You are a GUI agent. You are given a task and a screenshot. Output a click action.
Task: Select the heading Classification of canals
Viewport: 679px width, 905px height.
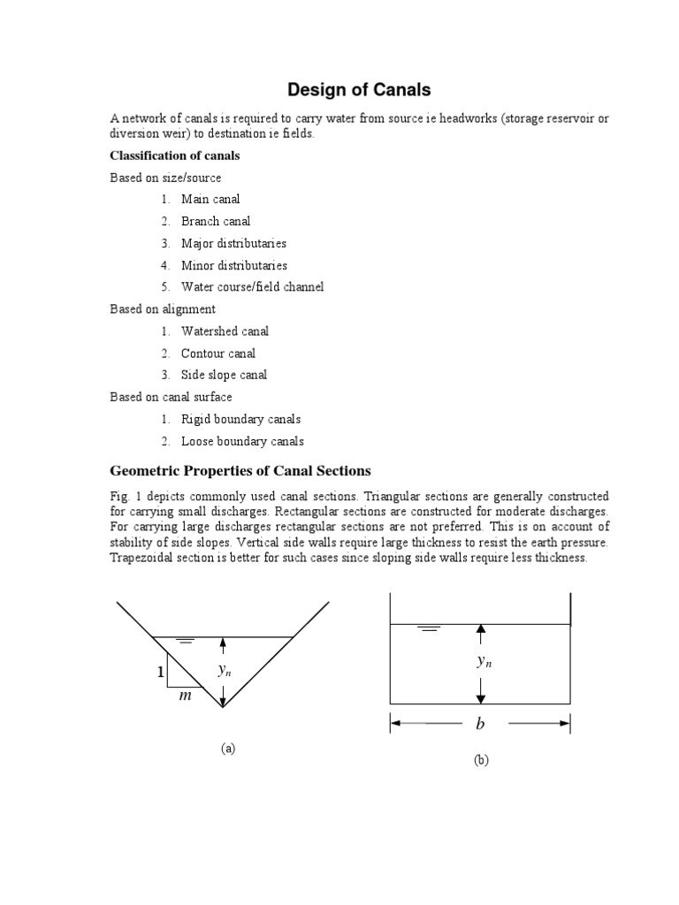tap(174, 156)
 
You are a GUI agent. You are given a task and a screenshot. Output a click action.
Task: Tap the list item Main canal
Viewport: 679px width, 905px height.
tap(210, 199)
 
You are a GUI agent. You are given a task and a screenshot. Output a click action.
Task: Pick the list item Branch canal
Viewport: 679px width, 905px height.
tap(216, 221)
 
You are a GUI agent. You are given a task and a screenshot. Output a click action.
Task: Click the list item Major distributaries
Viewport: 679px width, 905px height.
tap(233, 243)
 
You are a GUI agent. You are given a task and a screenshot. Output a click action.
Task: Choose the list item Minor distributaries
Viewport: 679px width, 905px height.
tap(233, 265)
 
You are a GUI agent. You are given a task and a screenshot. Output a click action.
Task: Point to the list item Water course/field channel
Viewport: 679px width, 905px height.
tap(252, 286)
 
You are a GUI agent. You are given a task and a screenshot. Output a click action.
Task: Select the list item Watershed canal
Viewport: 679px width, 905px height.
tap(225, 331)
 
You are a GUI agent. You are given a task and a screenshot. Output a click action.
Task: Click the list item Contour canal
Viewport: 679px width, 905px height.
tap(218, 354)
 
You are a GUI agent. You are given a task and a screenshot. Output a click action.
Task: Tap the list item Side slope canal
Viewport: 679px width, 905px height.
tap(224, 375)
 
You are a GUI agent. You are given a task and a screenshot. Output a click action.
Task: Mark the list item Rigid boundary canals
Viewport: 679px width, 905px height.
tap(240, 419)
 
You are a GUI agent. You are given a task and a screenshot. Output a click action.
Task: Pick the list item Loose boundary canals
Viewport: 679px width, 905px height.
tap(242, 441)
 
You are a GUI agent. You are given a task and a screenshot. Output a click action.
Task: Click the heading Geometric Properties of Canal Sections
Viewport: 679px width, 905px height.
tap(240, 470)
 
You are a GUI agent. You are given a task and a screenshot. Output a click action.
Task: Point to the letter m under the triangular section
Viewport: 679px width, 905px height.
tap(185, 696)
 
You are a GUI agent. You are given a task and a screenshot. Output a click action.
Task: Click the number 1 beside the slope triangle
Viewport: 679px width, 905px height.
tap(160, 673)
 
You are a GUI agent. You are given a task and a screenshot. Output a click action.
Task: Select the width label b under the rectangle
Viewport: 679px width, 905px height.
tap(480, 725)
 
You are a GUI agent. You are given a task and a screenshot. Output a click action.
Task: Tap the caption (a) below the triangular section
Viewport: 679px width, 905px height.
tap(228, 749)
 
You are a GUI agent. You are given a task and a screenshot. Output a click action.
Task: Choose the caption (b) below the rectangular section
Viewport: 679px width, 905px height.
tap(481, 760)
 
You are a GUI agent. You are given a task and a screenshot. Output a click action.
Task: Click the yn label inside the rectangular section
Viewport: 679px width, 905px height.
tap(484, 661)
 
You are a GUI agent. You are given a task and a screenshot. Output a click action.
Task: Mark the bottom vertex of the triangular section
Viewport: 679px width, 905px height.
tap(223, 707)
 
